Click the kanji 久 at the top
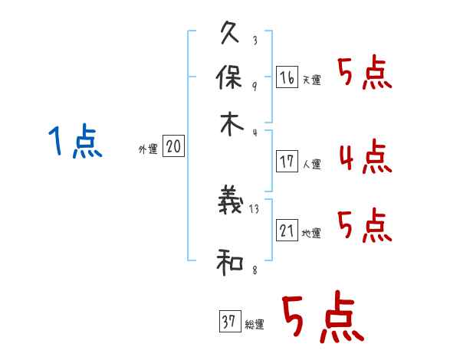pos(230,32)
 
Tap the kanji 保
pos(229,77)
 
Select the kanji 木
pos(232,124)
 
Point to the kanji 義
pos(231,200)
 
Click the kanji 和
pos(230,263)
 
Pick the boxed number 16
pos(287,77)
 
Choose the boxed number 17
pos(287,162)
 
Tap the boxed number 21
pos(287,230)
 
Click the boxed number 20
pos(173,146)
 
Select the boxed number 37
pos(230,321)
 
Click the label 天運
pos(311,80)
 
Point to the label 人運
pos(312,164)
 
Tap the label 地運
pos(311,233)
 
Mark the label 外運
pos(148,149)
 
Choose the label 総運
pos(255,324)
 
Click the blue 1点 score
pos(75,141)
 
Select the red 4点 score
pos(366,155)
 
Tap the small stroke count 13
pos(254,209)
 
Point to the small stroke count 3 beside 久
pos(255,40)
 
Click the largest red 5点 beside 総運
pos(323,316)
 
